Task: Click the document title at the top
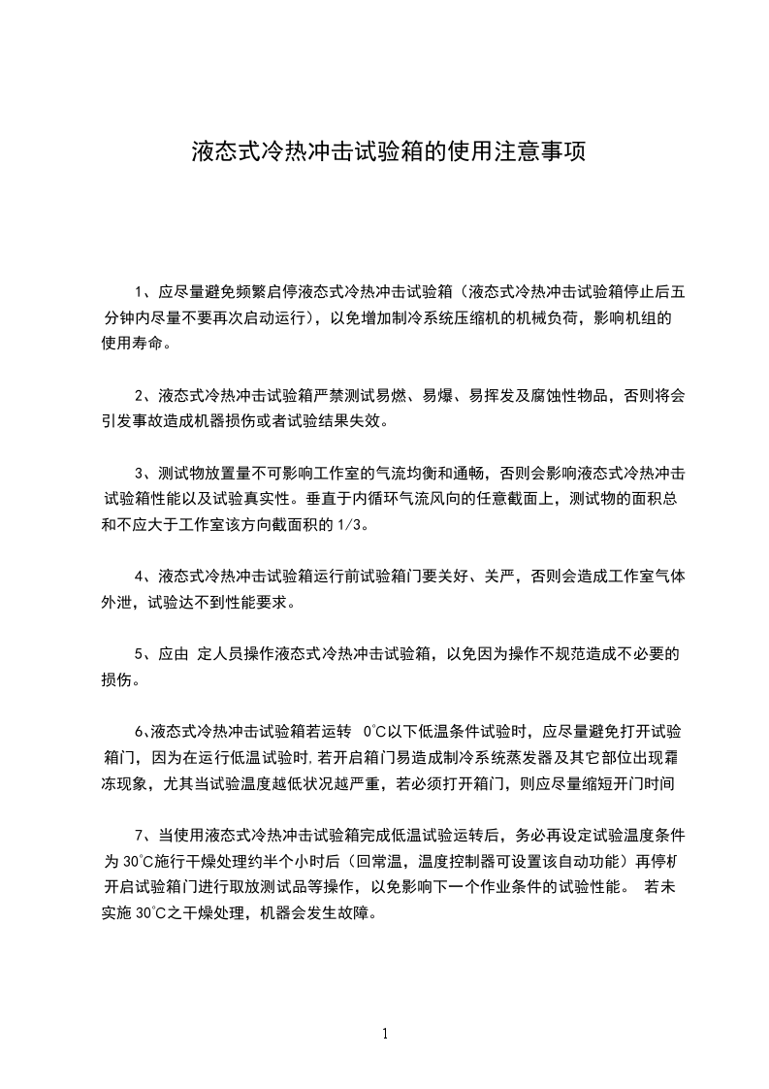[x=388, y=152]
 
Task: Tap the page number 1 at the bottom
[x=385, y=1035]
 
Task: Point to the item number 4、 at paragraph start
[x=146, y=576]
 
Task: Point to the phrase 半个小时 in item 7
[x=286, y=861]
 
